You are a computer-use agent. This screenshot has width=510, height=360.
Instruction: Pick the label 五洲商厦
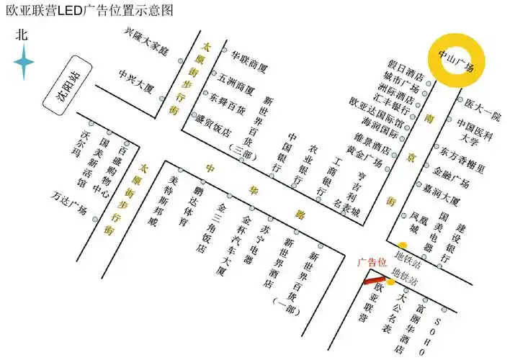pyautogui.click(x=236, y=81)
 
